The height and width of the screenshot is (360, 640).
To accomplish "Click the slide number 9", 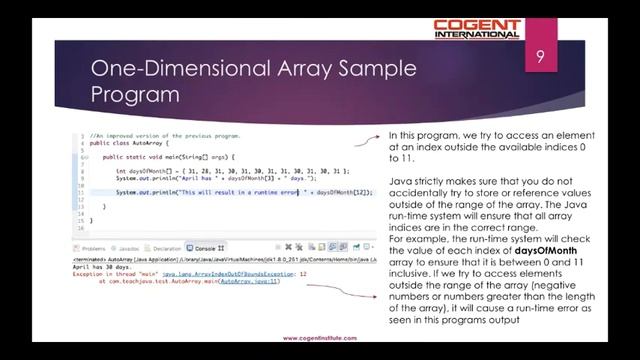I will (540, 56).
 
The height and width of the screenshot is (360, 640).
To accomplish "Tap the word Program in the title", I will (134, 95).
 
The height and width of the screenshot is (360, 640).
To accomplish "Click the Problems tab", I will (93, 248).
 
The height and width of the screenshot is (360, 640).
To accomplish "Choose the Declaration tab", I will (167, 248).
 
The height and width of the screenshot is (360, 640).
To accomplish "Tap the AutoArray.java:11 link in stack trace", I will (250, 281).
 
